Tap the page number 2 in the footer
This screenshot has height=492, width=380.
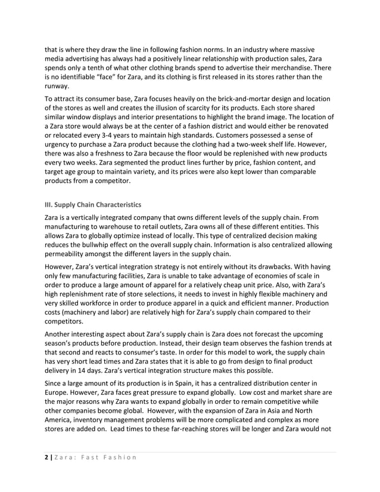46,457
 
